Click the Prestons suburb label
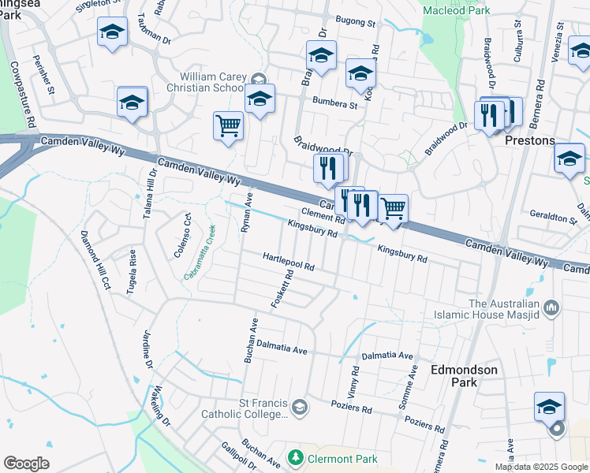point(529,140)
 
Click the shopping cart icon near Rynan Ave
point(228,125)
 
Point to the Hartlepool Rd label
point(289,263)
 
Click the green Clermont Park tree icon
point(295,457)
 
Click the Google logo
point(26,464)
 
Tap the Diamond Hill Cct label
point(95,261)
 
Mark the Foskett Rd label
point(282,289)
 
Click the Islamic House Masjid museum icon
point(551,305)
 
